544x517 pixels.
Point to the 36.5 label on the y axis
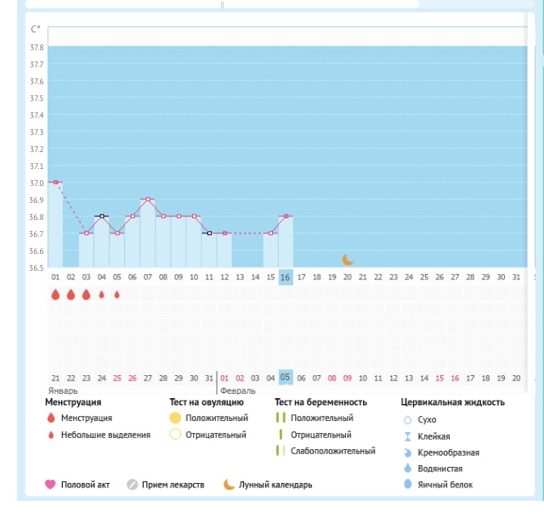click(x=37, y=267)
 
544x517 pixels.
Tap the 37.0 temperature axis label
click(x=37, y=183)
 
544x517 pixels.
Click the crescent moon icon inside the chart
click(x=348, y=259)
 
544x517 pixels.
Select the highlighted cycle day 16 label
click(x=286, y=277)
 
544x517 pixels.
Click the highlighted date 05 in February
click(x=286, y=377)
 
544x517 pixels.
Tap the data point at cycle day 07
click(x=148, y=199)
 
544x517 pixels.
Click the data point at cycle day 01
click(x=55, y=183)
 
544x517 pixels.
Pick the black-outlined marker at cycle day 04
click(x=102, y=216)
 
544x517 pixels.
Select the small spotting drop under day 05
click(x=117, y=295)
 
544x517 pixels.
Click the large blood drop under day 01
click(x=55, y=295)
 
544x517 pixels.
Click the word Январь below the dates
click(x=63, y=390)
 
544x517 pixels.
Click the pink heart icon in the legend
click(x=50, y=485)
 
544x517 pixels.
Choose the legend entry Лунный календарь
click(x=276, y=485)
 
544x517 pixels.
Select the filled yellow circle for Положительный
click(x=175, y=418)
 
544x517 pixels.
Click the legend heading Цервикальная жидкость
click(x=452, y=402)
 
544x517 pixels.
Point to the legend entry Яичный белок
click(x=449, y=485)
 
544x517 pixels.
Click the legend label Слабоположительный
click(x=332, y=451)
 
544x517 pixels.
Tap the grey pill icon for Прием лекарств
click(x=132, y=485)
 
